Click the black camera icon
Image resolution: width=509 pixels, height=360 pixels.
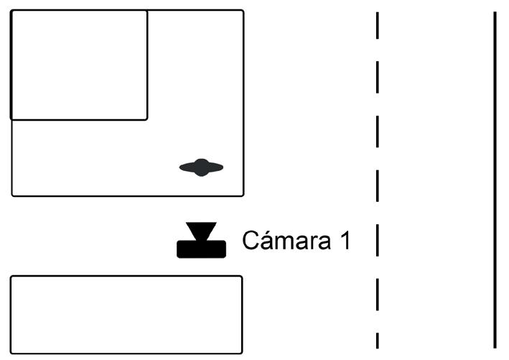point(201,241)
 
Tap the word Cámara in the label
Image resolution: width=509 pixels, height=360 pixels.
point(287,240)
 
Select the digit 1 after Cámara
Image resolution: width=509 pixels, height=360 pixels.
point(345,240)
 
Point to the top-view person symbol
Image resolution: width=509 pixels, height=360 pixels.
point(201,168)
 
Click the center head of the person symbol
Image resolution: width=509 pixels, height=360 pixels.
point(202,167)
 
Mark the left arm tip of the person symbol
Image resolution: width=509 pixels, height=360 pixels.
point(182,168)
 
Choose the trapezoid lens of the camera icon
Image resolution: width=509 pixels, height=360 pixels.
point(201,231)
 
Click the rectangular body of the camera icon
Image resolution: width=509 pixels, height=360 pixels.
point(201,249)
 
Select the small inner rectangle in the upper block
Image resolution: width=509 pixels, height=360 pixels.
point(79,65)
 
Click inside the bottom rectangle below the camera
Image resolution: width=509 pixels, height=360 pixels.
point(126,314)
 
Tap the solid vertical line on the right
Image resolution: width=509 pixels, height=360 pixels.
point(495,180)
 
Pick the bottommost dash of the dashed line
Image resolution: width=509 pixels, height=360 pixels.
point(377,340)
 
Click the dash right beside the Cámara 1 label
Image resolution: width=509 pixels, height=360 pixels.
point(377,241)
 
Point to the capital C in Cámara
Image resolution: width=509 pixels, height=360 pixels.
point(250,240)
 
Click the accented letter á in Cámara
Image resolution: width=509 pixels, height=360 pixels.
point(264,241)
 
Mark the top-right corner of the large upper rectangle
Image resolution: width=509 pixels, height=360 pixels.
point(243,11)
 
